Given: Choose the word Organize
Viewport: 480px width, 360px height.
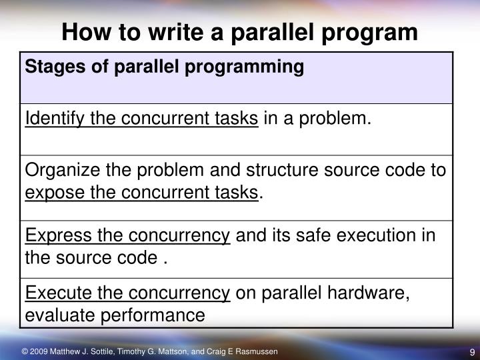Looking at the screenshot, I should pyautogui.click(x=56, y=171).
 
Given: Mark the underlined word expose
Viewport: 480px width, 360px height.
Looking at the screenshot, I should pyautogui.click(x=50, y=193).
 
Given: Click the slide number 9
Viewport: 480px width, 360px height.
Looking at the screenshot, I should pyautogui.click(x=471, y=353).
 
